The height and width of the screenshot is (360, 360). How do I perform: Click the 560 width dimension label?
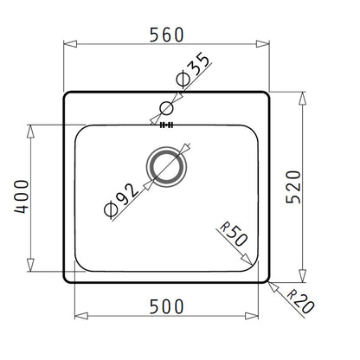tap(167, 35)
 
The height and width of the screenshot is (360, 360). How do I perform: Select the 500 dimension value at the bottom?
tap(167, 305)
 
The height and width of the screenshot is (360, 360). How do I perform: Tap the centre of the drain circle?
tap(167, 167)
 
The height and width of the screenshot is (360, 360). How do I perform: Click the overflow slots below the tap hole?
tap(167, 125)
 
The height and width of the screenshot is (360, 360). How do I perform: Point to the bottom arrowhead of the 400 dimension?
tap(32, 267)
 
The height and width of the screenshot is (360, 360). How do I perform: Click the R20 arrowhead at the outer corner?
tap(271, 281)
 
